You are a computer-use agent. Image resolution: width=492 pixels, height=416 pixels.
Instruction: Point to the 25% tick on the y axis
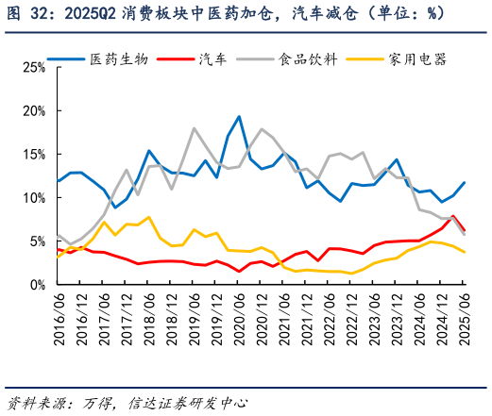(x=33, y=68)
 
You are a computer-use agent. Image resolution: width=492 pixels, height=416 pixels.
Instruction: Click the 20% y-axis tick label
(x=33, y=111)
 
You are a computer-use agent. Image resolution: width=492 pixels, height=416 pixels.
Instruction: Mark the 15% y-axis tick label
(x=33, y=155)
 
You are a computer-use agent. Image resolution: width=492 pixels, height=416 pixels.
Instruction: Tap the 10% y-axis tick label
(x=33, y=198)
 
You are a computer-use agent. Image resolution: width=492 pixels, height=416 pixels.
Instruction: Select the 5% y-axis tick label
(x=36, y=241)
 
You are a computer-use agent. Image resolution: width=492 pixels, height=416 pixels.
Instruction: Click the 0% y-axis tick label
(x=36, y=285)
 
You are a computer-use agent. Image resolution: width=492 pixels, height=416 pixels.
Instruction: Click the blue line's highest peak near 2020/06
(x=239, y=117)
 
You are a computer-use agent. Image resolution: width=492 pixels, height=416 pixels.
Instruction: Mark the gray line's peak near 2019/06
(x=194, y=128)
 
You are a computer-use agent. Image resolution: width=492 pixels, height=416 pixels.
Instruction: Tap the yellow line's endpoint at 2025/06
(x=464, y=252)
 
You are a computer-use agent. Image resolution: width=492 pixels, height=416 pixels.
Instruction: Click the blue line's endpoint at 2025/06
(x=464, y=183)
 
